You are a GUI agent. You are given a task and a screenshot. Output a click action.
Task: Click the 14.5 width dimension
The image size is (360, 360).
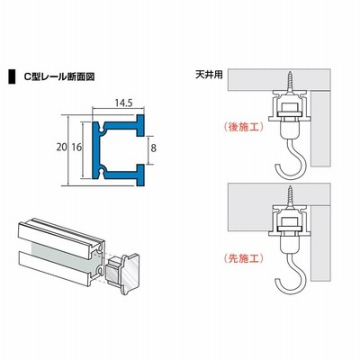(123, 103)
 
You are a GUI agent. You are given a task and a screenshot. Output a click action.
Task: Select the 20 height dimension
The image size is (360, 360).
(61, 148)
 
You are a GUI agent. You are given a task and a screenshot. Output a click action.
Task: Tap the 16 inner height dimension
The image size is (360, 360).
(76, 148)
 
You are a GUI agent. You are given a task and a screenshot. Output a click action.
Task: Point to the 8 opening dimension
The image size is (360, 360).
(154, 148)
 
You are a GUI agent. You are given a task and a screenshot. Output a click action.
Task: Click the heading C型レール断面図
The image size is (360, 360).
(59, 76)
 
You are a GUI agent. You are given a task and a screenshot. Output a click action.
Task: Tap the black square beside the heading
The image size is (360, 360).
(12, 76)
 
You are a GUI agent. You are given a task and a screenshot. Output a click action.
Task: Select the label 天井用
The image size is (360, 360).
(209, 75)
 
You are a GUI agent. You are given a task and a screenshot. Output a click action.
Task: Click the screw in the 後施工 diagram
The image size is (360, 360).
(290, 83)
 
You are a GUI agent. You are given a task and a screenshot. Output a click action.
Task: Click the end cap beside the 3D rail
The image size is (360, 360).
(124, 274)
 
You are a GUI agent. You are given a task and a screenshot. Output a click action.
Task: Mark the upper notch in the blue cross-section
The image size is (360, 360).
(102, 127)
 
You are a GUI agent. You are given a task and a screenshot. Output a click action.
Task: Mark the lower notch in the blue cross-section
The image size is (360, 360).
(102, 173)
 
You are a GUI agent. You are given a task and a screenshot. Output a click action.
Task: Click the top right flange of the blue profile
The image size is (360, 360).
(139, 125)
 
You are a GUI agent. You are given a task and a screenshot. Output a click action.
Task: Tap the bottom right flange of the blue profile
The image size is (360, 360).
(139, 175)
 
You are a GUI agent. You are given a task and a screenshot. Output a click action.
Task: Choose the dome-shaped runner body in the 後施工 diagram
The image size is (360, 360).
(289, 129)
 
